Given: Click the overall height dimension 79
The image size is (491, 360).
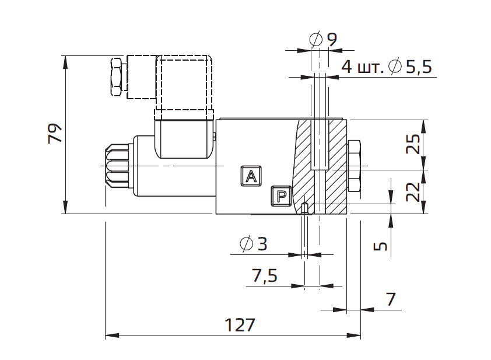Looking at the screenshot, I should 54,134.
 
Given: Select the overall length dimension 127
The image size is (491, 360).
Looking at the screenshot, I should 240,325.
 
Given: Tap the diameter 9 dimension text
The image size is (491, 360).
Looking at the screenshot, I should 331,40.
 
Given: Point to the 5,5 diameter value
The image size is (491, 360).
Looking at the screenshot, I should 418,67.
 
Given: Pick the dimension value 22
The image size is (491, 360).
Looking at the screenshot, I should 413,191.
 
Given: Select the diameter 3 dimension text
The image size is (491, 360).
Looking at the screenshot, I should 262,244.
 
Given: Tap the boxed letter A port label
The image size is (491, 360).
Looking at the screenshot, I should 251,176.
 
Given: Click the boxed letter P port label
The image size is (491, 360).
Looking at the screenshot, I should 281,196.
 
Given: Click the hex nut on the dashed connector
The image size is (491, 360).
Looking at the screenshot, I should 117,76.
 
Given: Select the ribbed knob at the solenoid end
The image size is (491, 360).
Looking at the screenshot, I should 115,166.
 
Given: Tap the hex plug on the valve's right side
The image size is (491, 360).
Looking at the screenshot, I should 354,166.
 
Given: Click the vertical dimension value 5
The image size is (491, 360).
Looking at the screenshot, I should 381,245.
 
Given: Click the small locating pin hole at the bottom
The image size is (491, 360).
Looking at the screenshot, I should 306,207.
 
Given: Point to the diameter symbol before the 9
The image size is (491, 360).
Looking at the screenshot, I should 315,40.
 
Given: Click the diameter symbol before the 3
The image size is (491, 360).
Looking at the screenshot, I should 246,244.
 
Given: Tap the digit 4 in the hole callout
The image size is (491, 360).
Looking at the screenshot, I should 346,67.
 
